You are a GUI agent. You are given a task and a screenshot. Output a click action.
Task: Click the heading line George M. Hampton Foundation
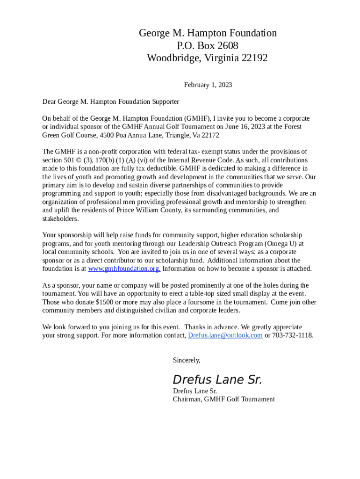pyautogui.click(x=208, y=33)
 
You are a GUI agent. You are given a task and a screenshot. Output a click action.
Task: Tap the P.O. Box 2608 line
pyautogui.click(x=208, y=46)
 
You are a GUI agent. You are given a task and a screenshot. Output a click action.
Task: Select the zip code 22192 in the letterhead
pyautogui.click(x=254, y=58)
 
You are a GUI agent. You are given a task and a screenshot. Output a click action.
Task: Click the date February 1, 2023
pyautogui.click(x=208, y=85)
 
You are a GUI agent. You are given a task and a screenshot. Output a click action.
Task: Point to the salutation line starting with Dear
pyautogui.click(x=110, y=102)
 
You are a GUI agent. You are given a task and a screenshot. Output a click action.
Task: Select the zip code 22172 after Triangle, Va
pyautogui.click(x=209, y=135)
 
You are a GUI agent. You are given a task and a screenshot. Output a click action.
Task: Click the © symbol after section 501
pyautogui.click(x=77, y=160)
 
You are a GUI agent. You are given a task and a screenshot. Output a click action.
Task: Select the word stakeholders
pyautogui.click(x=60, y=218)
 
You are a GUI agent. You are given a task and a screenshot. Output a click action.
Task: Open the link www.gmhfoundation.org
pyautogui.click(x=124, y=269)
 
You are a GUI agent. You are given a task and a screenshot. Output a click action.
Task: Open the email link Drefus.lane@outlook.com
pyautogui.click(x=225, y=335)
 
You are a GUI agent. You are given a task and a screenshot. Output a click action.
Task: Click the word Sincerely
pyautogui.click(x=186, y=360)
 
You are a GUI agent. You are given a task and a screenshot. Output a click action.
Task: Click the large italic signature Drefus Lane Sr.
pyautogui.click(x=217, y=379)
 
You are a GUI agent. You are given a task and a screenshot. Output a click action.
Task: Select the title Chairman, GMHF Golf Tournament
pyautogui.click(x=223, y=399)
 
